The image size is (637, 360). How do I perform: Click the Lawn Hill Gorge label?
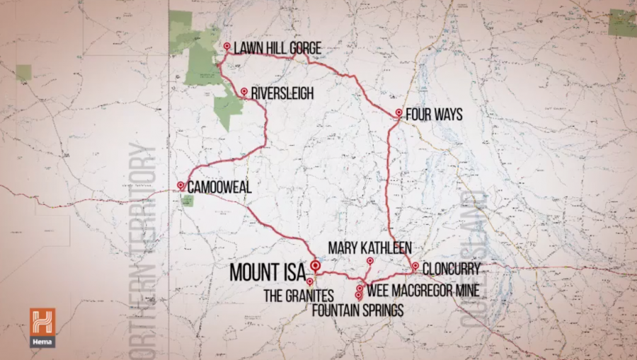[x=277, y=48]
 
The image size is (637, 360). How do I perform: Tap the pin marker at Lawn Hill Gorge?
[x=226, y=47]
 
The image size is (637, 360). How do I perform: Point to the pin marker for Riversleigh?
[x=244, y=92]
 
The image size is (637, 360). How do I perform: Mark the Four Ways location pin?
[x=399, y=112]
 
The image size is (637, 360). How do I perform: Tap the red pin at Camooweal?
[x=180, y=186]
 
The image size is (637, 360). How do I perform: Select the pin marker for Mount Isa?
[x=316, y=267]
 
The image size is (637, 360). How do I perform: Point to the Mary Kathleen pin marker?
[x=369, y=261]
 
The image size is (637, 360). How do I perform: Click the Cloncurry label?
[x=451, y=268]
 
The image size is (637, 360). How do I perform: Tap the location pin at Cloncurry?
[x=415, y=266]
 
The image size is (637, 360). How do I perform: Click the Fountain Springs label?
[x=358, y=310]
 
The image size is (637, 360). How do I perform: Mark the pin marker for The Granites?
[x=310, y=281]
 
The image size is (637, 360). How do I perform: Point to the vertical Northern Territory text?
[x=144, y=248]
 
